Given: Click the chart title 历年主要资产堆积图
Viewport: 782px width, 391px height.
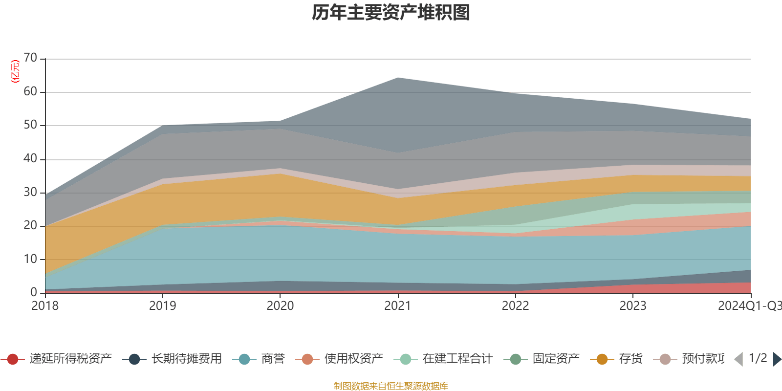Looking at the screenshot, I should [391, 13].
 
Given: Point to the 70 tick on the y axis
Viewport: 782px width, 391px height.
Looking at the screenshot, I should [30, 58].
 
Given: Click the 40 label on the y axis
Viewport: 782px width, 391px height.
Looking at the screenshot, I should [30, 158].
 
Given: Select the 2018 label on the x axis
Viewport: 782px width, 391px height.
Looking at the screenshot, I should [45, 306].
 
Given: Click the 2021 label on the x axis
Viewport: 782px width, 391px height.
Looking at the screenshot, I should [398, 306].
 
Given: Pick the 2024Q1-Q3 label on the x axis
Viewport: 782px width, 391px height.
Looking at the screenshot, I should [749, 306].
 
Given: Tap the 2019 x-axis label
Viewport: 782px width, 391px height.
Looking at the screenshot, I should [162, 306].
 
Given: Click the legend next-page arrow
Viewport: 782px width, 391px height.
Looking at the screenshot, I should [777, 359].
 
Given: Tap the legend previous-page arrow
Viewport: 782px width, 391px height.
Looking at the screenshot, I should [739, 359].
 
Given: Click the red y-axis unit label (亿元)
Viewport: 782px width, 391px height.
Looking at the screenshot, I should [15, 71].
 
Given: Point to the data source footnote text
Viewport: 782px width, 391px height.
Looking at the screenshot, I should [391, 386].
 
